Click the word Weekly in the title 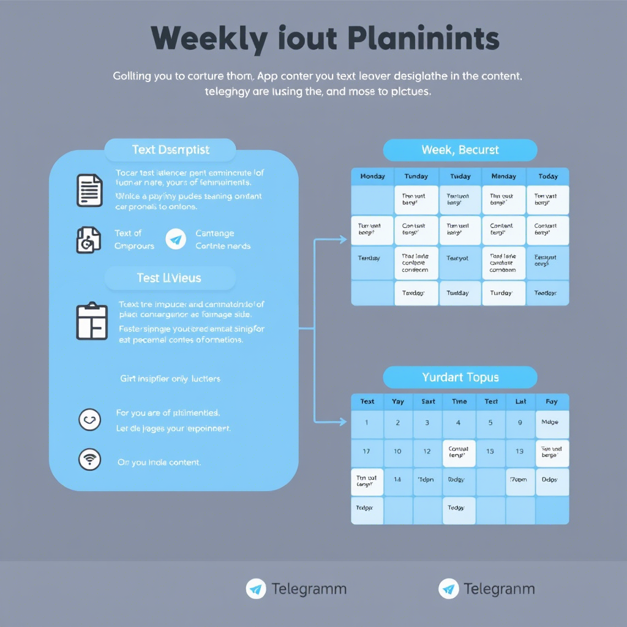point(208,40)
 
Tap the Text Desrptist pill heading point(170,150)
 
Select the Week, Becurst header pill point(460,150)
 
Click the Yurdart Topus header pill point(460,377)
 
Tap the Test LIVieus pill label point(170,278)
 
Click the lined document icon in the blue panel point(89,190)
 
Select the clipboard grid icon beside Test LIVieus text point(92,321)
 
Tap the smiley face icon point(89,419)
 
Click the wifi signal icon point(89,459)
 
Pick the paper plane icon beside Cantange point(176,239)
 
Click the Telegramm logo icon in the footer point(256,589)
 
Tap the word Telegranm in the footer point(499,589)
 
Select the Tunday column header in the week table point(416,176)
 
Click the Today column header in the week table point(548,176)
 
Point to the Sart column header point(428,402)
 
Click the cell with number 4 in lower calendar point(459,422)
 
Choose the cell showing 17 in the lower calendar point(366,451)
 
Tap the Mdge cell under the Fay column point(552,422)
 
